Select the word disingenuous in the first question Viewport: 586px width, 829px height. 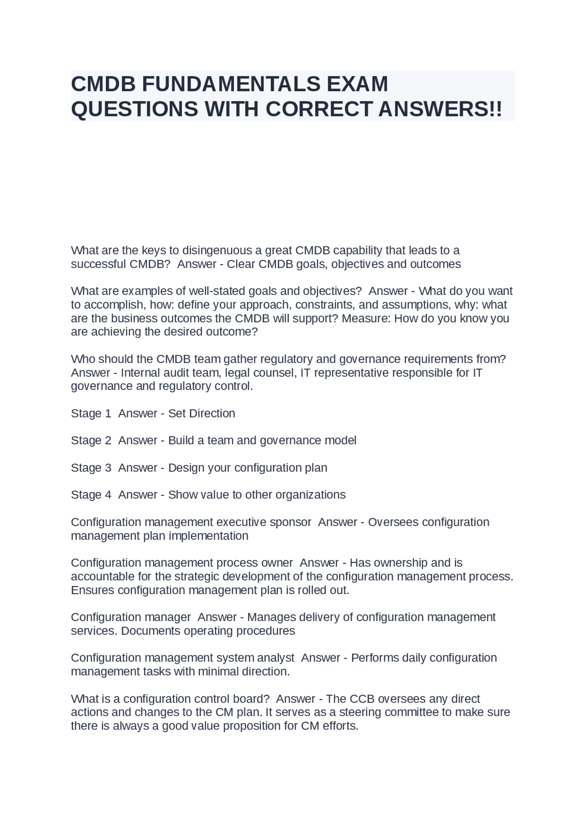pos(217,250)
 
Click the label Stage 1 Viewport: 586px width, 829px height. pos(91,413)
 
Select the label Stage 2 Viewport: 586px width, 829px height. pos(91,440)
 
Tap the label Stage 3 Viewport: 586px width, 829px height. pos(91,468)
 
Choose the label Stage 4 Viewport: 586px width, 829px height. pos(91,495)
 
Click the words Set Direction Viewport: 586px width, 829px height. pos(201,413)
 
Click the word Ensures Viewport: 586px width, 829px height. pos(92,590)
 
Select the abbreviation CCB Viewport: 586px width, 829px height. pos(362,699)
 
